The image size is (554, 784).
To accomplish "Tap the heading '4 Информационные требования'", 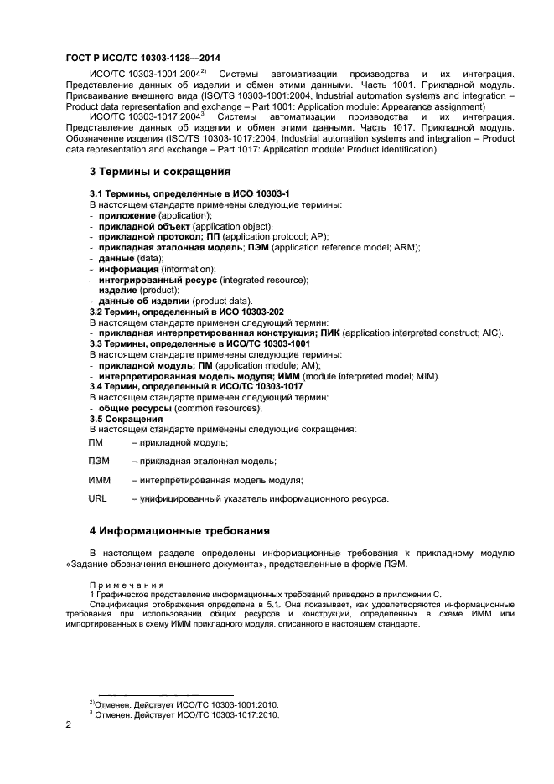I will [179, 530].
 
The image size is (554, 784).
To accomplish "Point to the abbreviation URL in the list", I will [98, 499].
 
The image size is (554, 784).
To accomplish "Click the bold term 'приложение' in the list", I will [127, 215].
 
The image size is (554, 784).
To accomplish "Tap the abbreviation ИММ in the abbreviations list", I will [100, 480].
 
